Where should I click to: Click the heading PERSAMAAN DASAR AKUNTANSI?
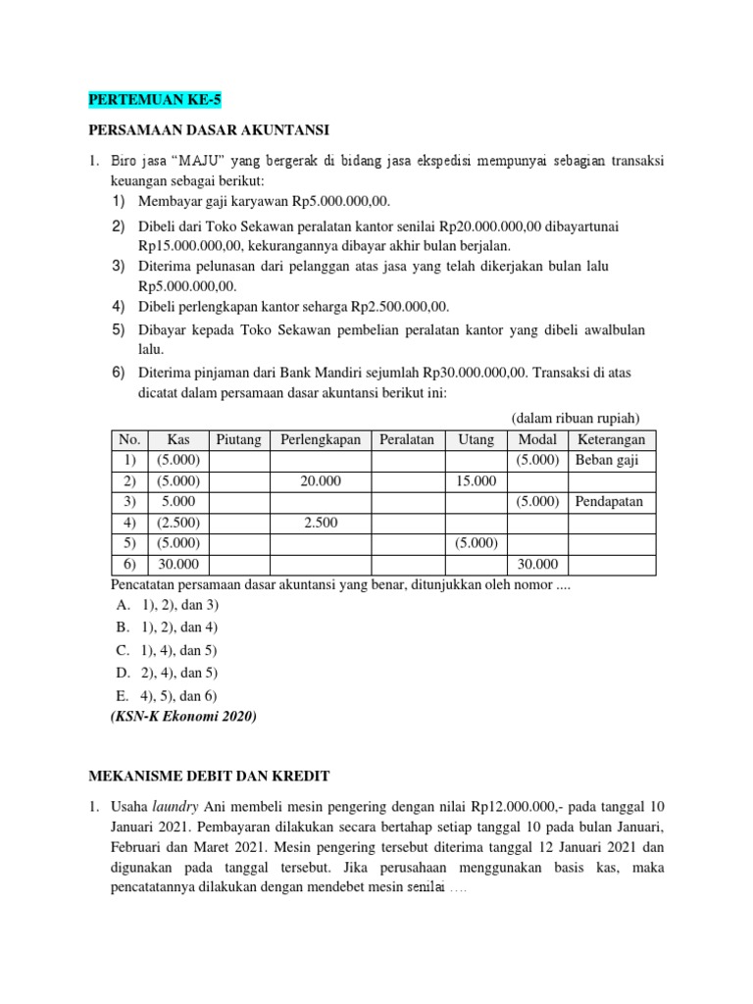point(209,129)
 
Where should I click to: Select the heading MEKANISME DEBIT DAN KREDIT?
point(209,776)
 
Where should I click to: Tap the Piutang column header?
point(238,440)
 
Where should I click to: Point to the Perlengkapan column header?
point(321,440)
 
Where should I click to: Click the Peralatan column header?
point(407,440)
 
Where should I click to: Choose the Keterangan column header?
point(612,440)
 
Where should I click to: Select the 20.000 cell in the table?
point(321,481)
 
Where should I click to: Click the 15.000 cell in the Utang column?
point(476,481)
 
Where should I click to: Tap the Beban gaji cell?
point(607,461)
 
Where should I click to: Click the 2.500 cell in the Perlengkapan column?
point(321,523)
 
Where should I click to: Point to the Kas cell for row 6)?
point(178,564)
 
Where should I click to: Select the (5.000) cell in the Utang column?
point(476,543)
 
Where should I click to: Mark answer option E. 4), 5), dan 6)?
point(166,696)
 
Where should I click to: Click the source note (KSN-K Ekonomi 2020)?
point(181,717)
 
